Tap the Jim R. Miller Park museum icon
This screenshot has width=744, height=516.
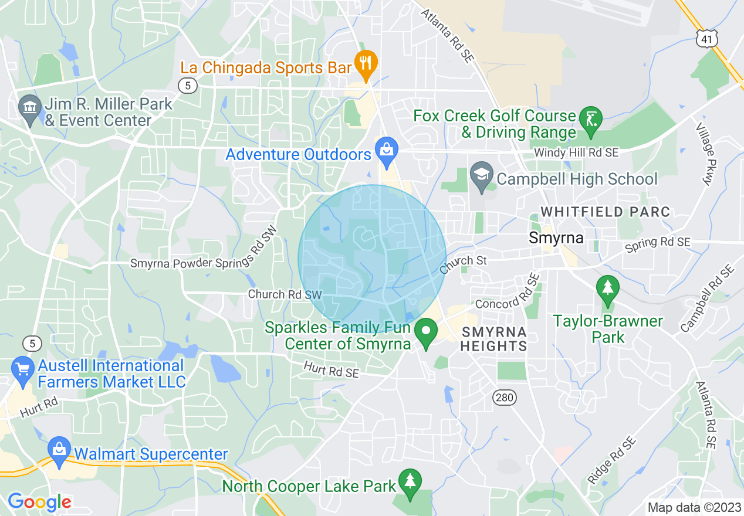(29, 109)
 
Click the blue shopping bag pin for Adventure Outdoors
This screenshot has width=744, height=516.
(387, 150)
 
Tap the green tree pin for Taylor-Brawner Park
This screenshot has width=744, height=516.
(608, 288)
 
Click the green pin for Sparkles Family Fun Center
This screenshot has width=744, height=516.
(426, 331)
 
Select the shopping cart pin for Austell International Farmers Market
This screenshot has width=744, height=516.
(23, 370)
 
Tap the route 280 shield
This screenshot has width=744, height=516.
(505, 398)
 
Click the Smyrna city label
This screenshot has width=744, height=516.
(556, 238)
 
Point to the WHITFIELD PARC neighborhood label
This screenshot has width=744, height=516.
(605, 212)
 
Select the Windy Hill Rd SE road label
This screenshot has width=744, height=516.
(576, 152)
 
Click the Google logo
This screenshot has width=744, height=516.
(39, 502)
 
